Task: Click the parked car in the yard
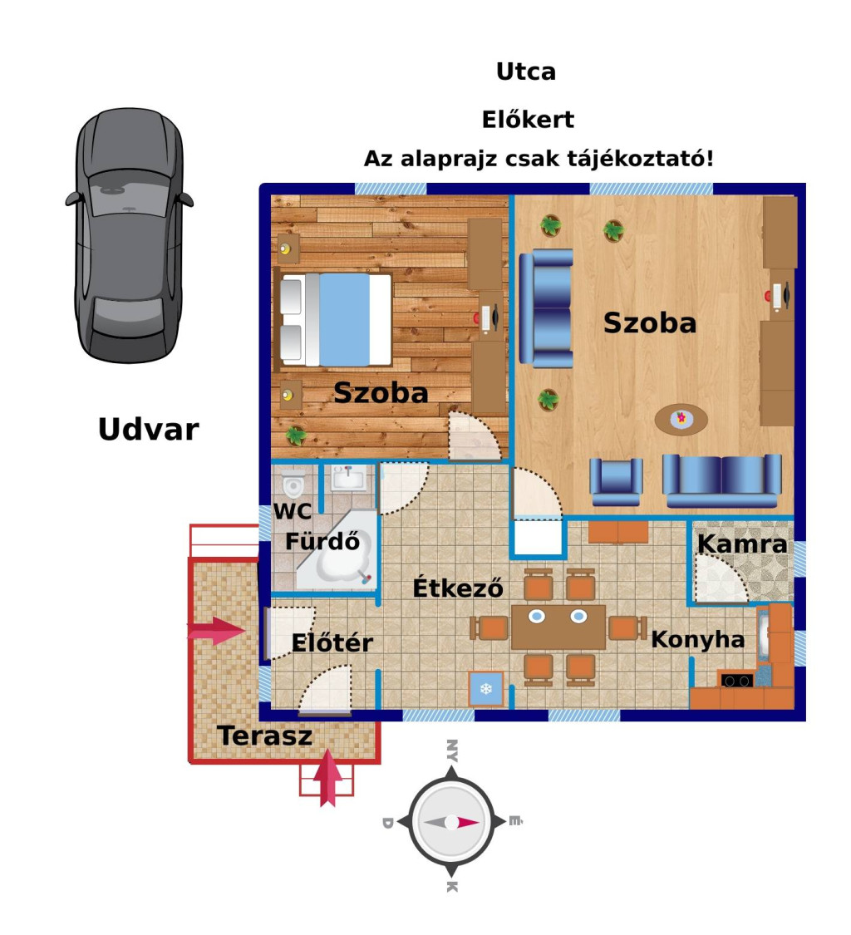coord(130,235)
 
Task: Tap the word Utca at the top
coord(526,71)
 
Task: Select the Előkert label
coord(528,119)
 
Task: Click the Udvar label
coord(149,430)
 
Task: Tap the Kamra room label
coord(742,544)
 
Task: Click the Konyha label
coord(698,639)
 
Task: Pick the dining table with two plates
coord(558,627)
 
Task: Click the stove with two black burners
coord(737,680)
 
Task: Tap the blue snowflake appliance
coord(486,689)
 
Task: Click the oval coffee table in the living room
coord(681,419)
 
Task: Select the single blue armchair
coord(616,482)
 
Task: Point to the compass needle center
coord(451,822)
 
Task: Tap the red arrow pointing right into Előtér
coord(216,631)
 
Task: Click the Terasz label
coord(265,736)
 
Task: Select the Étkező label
coord(458,588)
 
